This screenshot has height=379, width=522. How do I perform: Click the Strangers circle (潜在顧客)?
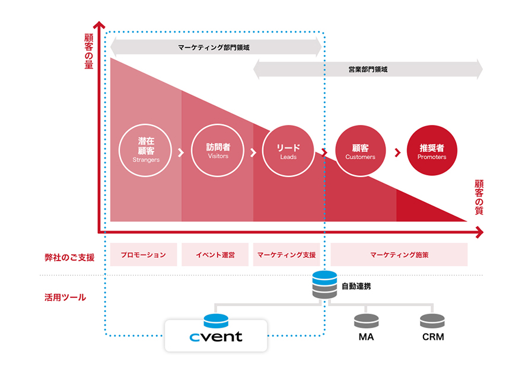coord(145,152)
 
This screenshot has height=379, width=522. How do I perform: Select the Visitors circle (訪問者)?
coord(218,152)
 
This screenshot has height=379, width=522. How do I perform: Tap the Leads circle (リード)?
coord(288,152)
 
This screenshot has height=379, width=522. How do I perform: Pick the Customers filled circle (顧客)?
coord(360,152)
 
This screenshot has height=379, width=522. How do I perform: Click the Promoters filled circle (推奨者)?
coord(431,152)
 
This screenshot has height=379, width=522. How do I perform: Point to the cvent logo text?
coord(216,337)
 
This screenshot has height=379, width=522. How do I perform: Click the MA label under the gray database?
coord(366,337)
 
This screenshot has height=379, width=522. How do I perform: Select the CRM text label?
coord(432,337)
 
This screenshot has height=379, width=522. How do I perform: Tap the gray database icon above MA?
coord(366,321)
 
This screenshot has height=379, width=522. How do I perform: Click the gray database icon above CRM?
coord(432,321)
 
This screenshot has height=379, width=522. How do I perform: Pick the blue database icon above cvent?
coord(215,320)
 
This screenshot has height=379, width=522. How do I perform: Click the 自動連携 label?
coord(357,286)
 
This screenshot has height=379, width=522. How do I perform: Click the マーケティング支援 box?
coord(287,255)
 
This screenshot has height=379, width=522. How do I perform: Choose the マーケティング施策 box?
coord(399,255)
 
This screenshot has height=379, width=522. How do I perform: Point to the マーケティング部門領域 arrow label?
coord(215,47)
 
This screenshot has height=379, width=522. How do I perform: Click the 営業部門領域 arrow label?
coord(368,69)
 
